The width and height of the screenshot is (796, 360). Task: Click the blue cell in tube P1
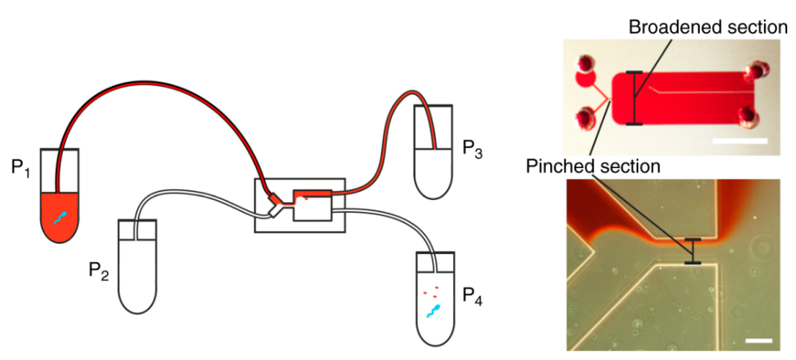(x=61, y=217)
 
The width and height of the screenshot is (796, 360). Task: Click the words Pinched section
(x=593, y=166)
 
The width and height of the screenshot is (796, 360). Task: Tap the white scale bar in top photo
(x=739, y=141)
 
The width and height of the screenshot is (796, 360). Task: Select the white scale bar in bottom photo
(x=759, y=341)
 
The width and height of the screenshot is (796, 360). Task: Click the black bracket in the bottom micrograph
(x=693, y=251)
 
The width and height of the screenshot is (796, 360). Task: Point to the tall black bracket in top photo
(x=634, y=98)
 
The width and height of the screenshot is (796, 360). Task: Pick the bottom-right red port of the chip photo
(x=750, y=118)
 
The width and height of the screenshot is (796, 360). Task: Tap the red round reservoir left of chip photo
(x=586, y=80)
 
